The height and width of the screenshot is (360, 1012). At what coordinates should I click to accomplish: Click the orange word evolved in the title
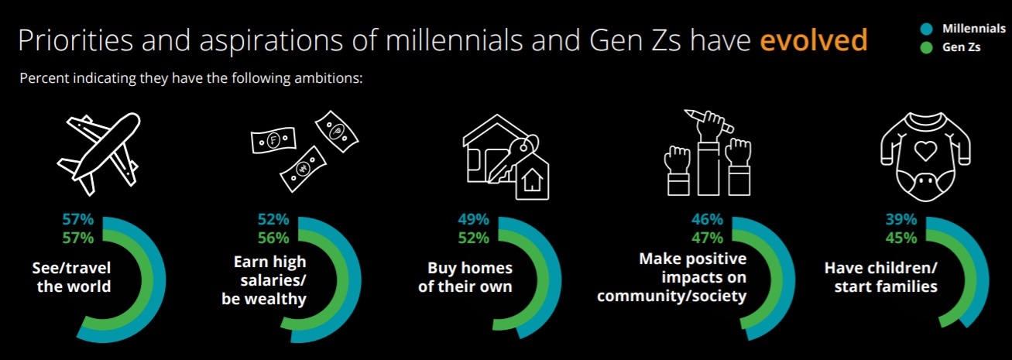click(x=814, y=39)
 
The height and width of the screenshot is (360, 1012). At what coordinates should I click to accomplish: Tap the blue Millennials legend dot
click(x=927, y=29)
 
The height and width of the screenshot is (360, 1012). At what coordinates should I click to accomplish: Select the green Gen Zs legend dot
click(x=927, y=47)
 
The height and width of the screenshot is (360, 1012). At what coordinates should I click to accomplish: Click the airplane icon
click(x=99, y=153)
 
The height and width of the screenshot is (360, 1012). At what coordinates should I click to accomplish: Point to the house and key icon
click(x=506, y=156)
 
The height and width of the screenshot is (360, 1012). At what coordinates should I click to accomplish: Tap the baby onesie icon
click(x=925, y=156)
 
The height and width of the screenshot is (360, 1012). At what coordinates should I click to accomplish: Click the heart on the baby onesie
click(x=925, y=150)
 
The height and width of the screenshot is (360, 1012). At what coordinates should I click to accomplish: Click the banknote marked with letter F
click(x=274, y=140)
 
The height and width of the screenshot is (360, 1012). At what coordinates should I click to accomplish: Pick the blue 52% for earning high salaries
click(x=273, y=220)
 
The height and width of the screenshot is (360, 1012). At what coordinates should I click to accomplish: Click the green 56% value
click(x=273, y=238)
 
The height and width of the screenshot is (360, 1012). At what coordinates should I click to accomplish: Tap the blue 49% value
click(x=473, y=220)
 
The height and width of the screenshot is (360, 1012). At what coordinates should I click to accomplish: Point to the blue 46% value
click(x=707, y=220)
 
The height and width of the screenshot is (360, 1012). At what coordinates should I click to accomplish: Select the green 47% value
click(x=707, y=238)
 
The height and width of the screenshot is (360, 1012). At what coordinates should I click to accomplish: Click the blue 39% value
click(x=901, y=220)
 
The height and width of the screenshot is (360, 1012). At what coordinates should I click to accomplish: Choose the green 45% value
click(x=901, y=238)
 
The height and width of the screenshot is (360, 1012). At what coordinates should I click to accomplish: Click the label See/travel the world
click(x=71, y=277)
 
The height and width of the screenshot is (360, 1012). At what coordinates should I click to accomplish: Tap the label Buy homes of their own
click(x=465, y=277)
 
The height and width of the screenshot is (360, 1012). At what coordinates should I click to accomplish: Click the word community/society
click(x=671, y=297)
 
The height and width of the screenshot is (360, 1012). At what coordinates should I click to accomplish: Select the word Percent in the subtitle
click(x=44, y=78)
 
